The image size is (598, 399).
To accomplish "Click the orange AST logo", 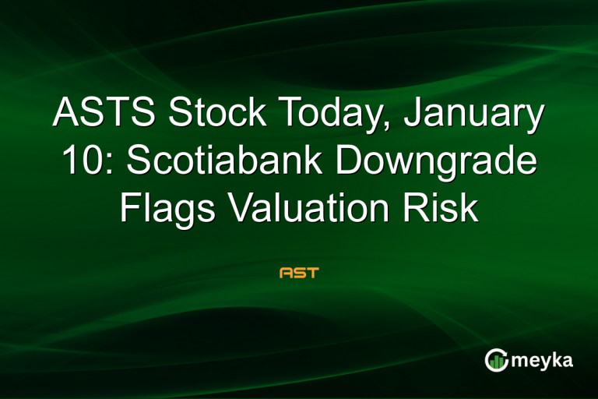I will pyautogui.click(x=299, y=274).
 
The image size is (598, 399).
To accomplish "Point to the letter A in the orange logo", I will pyautogui.click(x=286, y=274).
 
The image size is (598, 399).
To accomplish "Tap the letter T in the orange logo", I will pyautogui.click(x=312, y=274).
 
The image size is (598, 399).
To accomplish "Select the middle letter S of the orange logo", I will pyautogui.click(x=299, y=274).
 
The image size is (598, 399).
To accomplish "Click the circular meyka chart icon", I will pyautogui.click(x=496, y=360).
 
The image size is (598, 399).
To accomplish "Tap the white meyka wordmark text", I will pyautogui.click(x=543, y=361).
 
